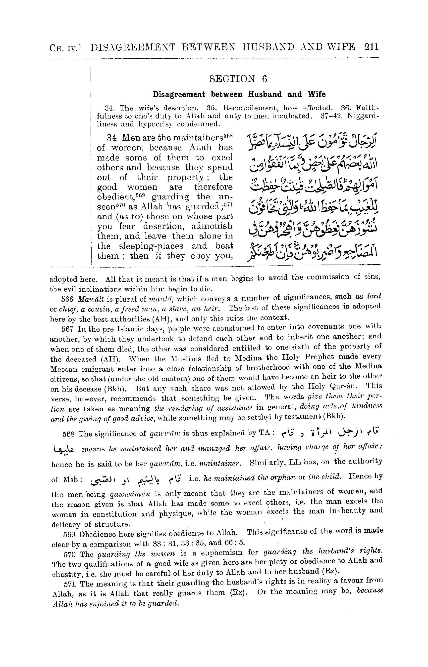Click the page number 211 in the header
371,47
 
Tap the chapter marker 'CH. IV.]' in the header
65,48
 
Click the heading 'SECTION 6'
238,79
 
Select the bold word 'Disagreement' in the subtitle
179,94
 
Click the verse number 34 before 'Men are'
112,138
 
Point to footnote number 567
67,329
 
